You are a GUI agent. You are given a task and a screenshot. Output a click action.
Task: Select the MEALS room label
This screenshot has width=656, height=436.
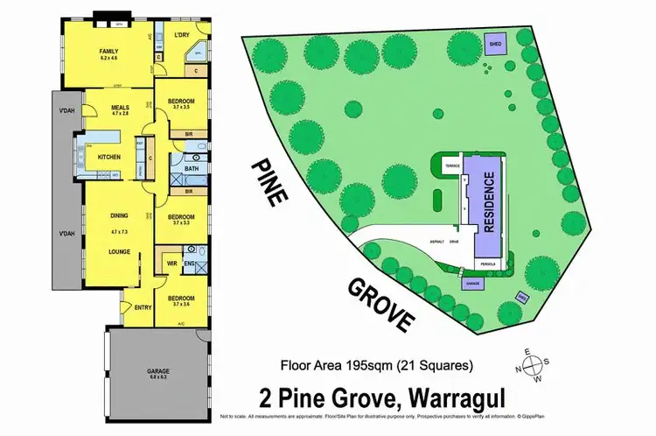click(x=120, y=106)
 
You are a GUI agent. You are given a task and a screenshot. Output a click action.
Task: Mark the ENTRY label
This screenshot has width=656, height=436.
click(x=142, y=306)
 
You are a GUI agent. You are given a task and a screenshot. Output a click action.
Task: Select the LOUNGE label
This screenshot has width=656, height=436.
click(x=120, y=249)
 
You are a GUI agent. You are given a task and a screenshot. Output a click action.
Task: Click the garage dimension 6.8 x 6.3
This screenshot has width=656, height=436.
click(x=157, y=377)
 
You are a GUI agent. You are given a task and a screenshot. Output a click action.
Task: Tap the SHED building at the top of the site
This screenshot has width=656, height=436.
click(x=496, y=45)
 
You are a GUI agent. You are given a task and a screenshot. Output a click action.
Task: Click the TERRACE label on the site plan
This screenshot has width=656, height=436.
click(x=452, y=164)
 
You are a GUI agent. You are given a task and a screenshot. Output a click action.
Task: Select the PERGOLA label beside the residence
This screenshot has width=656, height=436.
click(x=486, y=263)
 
